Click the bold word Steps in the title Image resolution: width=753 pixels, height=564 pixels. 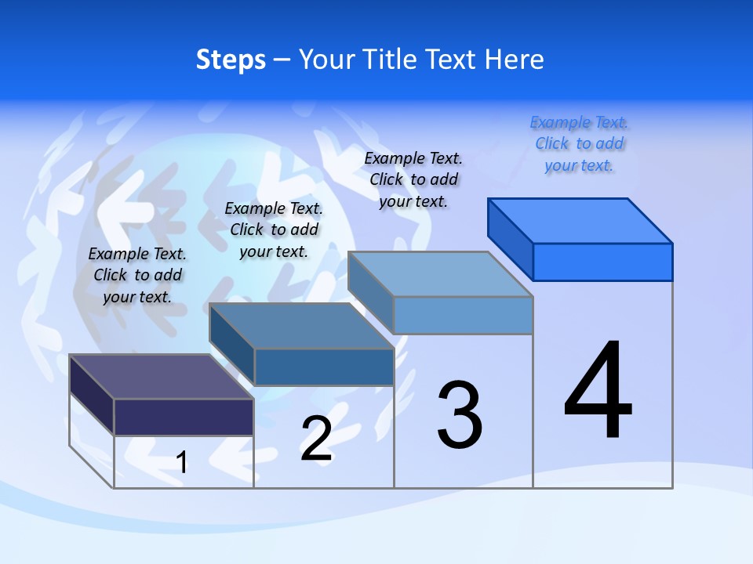[231, 60]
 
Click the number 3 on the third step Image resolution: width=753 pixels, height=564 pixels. [460, 415]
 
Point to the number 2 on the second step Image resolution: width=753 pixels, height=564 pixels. [316, 439]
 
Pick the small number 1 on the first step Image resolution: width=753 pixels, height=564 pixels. [181, 463]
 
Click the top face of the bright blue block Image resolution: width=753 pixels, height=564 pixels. [580, 220]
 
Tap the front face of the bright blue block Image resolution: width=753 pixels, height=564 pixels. [602, 262]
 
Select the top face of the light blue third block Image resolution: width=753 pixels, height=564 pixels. [440, 274]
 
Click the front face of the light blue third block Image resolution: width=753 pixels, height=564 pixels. [463, 315]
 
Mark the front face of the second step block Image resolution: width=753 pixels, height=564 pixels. [323, 367]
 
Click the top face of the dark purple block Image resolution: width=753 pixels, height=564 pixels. [161, 377]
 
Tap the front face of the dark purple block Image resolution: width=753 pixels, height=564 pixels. [184, 417]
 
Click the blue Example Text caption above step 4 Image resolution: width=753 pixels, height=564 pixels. [580, 143]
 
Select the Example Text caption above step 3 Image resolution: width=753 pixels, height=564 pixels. [413, 179]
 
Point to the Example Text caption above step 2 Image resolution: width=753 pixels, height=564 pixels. [274, 230]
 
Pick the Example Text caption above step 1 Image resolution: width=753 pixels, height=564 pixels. [137, 275]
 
